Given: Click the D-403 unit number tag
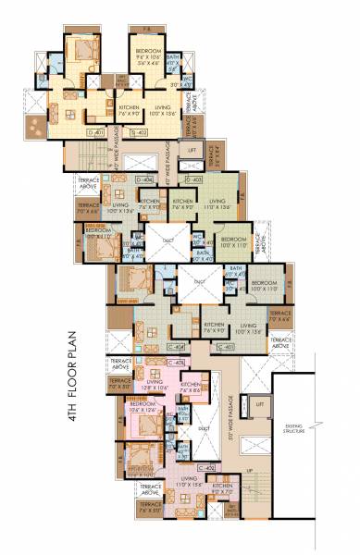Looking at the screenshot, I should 194,178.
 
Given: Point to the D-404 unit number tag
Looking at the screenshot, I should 144,178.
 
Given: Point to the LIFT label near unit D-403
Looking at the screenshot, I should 192,149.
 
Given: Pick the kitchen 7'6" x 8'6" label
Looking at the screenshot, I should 192,387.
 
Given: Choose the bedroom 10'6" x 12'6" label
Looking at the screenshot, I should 143,407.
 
